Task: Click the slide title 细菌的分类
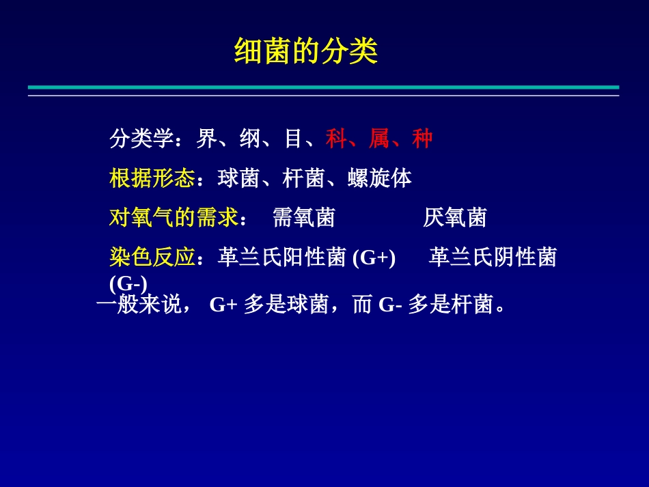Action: (x=305, y=51)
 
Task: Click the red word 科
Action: (x=336, y=139)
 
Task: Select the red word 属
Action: (x=379, y=139)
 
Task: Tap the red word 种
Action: (x=422, y=139)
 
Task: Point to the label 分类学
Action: (x=141, y=139)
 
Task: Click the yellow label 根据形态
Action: (x=152, y=179)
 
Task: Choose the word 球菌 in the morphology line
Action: (x=238, y=179)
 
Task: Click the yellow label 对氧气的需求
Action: (x=173, y=218)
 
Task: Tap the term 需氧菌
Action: (x=303, y=218)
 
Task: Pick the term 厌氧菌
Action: (x=454, y=218)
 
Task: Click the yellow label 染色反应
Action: (x=152, y=258)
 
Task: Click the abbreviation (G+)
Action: (x=374, y=258)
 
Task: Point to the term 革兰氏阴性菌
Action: (x=493, y=258)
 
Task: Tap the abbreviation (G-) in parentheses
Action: (x=128, y=281)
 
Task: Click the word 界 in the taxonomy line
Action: (x=206, y=139)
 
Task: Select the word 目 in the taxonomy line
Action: (x=293, y=139)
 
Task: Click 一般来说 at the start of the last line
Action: (x=139, y=305)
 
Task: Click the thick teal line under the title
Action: (x=323, y=87)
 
